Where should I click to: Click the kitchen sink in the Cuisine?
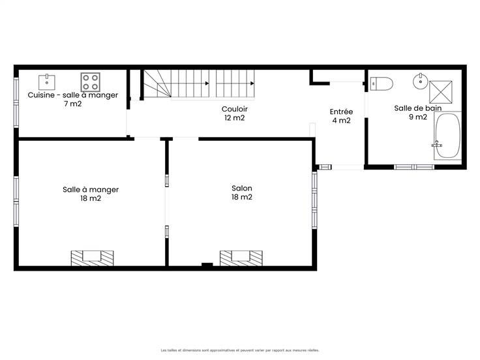click(x=47, y=82)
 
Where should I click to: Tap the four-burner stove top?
click(x=90, y=82)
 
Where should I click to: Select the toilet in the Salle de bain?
click(x=382, y=83)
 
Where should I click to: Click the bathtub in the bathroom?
click(x=447, y=136)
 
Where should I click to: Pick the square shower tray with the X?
click(x=440, y=92)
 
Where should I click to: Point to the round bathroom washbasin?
click(x=421, y=81)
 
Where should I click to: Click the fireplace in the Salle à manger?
click(x=92, y=258)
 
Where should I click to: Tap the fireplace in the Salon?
click(x=241, y=258)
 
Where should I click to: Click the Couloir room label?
click(x=235, y=109)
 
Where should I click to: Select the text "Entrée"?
click(x=341, y=112)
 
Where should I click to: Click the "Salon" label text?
click(x=242, y=188)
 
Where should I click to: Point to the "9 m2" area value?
click(x=418, y=117)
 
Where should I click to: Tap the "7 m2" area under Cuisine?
click(x=73, y=104)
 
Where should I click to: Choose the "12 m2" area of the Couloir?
click(x=235, y=118)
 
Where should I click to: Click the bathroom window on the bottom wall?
click(x=414, y=167)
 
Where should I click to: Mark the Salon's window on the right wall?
click(x=314, y=200)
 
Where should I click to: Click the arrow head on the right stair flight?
click(x=252, y=83)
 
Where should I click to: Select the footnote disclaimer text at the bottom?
click(x=240, y=350)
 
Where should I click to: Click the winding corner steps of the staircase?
click(x=157, y=83)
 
